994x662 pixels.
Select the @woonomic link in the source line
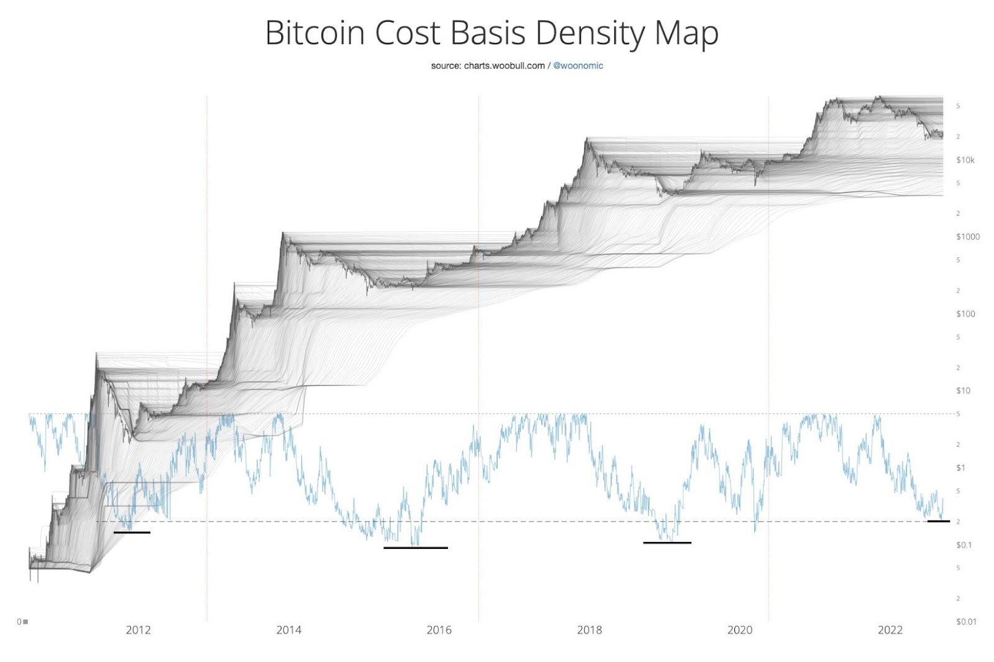click(x=578, y=65)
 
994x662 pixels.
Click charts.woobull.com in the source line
click(x=504, y=65)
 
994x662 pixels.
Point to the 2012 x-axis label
click(x=138, y=630)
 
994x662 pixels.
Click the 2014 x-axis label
click(x=288, y=630)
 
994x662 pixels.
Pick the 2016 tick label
click(x=439, y=630)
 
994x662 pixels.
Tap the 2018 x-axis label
click(x=589, y=630)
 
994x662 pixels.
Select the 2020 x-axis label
click(x=739, y=630)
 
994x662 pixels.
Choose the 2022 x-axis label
click(x=890, y=630)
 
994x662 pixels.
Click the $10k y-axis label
click(x=965, y=160)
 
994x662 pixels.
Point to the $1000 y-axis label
click(x=967, y=236)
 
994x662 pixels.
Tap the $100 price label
click(x=965, y=314)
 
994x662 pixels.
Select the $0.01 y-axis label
click(x=966, y=622)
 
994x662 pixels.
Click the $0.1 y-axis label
click(x=964, y=545)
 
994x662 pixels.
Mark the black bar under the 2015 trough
click(x=416, y=548)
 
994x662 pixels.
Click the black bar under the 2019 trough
click(x=667, y=543)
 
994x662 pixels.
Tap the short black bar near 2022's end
click(x=938, y=521)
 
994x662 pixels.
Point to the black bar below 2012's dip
click(x=132, y=532)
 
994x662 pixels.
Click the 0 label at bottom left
click(x=19, y=622)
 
